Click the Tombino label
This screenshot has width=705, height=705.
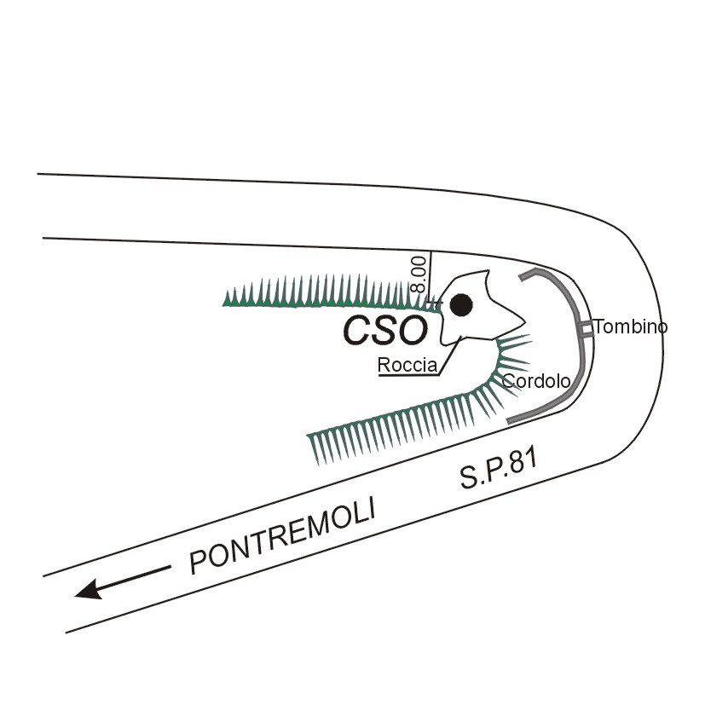tap(631, 326)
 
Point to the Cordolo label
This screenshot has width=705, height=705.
tap(535, 381)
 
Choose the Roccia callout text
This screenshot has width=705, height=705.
tap(407, 366)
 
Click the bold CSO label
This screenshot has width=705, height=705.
tap(384, 331)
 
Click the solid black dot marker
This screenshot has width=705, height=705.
tap(461, 303)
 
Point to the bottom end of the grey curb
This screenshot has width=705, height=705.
tap(509, 421)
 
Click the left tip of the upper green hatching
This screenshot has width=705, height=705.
tap(225, 301)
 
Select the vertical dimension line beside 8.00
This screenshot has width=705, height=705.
tap(430, 277)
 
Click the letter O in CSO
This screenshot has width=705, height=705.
tap(412, 331)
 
